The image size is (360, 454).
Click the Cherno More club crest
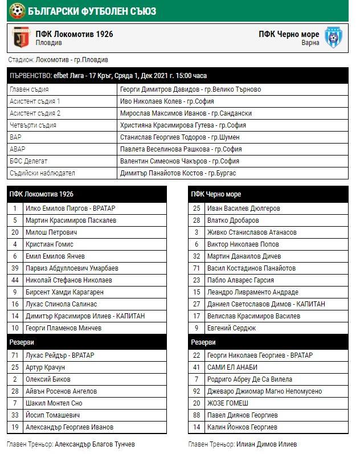[333, 38]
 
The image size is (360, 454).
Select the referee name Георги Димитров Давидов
[190, 89]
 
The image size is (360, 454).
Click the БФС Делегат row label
[28, 161]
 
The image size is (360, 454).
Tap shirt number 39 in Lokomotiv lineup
[15, 268]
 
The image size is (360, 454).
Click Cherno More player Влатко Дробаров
[233, 220]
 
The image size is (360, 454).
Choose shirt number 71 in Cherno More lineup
[197, 268]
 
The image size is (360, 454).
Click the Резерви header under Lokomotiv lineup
[21, 342]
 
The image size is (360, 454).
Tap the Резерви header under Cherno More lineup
[203, 342]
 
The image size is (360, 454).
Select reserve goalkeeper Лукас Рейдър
[60, 355]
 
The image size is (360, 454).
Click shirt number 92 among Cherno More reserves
[197, 391]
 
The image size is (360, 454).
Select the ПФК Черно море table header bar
[268, 194]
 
